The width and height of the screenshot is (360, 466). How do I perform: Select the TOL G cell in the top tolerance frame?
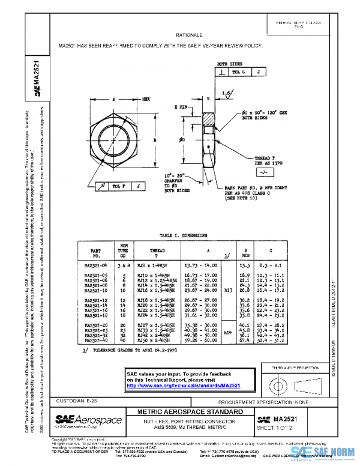[238, 71]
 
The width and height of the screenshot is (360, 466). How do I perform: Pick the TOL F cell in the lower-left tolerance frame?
[118, 186]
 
